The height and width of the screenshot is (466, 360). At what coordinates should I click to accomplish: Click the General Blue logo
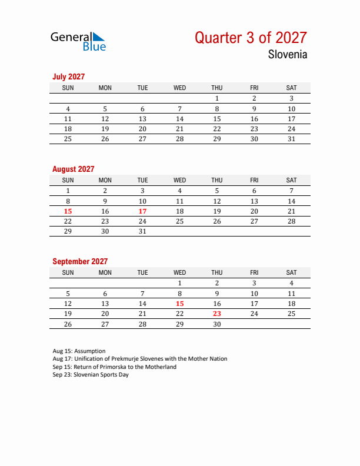[x=78, y=41]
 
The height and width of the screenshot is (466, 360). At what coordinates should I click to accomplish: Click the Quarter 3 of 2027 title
[x=251, y=38]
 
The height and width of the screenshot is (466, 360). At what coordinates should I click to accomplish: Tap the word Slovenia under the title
[x=287, y=55]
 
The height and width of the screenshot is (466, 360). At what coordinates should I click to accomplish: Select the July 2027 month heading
[x=69, y=76]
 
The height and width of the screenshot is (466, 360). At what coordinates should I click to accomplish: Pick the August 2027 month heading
[x=73, y=169]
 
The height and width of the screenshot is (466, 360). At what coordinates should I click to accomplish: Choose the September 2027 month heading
[x=80, y=261]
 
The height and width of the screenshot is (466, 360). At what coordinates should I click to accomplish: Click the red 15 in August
[x=68, y=211]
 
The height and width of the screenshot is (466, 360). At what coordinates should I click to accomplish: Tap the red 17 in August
[x=142, y=211]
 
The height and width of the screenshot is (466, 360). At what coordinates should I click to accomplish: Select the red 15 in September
[x=180, y=303]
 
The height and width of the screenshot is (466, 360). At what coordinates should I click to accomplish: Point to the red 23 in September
[x=217, y=314]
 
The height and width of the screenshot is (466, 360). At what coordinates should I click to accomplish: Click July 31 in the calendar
[x=291, y=139]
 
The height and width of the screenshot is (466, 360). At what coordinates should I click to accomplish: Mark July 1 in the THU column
[x=217, y=98]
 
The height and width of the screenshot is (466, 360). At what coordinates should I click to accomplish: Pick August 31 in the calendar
[x=142, y=231]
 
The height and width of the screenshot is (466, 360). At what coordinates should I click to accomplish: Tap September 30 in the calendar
[x=217, y=324]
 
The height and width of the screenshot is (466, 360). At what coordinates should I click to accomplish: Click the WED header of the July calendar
[x=180, y=88]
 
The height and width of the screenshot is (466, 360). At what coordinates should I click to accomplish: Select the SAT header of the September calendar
[x=291, y=272]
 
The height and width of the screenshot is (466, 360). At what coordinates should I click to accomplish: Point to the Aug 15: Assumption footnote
[x=79, y=351]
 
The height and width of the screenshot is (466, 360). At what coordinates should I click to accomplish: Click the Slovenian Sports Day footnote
[x=91, y=375]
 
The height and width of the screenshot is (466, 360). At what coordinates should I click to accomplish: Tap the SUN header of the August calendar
[x=68, y=180]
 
